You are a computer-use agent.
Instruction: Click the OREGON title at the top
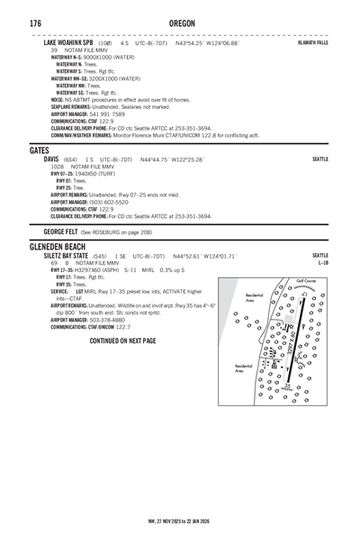pyautogui.click(x=180, y=22)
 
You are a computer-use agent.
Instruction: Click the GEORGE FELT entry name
pyautogui.click(x=63, y=231)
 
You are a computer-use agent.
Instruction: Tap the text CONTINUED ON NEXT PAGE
pyautogui.click(x=135, y=341)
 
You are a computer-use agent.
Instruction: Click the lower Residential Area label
pyautogui.click(x=244, y=368)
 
